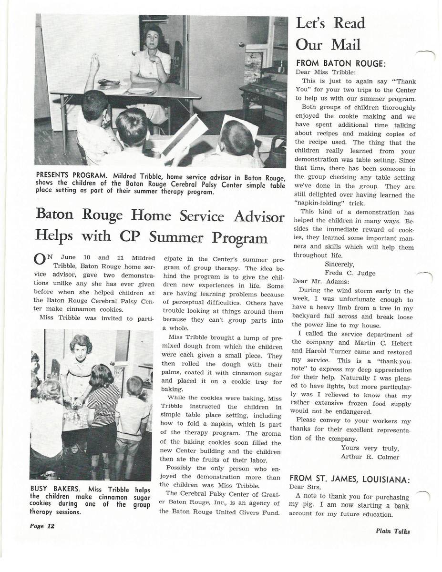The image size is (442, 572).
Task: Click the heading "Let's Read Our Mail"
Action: [330, 33]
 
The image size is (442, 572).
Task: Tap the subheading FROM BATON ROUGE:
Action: [340, 63]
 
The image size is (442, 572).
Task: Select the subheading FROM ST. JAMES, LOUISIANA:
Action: [349, 479]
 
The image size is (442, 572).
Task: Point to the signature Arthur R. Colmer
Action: [370, 457]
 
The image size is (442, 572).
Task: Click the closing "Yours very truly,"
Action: [370, 448]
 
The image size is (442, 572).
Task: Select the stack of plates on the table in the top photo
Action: [109, 82]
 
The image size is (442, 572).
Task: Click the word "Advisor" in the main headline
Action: [259, 217]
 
